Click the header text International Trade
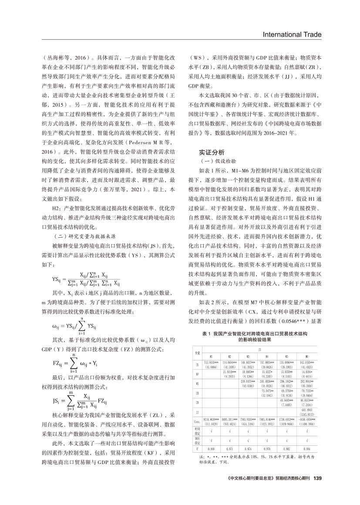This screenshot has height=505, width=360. click(x=292, y=35)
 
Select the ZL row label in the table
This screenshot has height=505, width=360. click(x=198, y=364)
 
